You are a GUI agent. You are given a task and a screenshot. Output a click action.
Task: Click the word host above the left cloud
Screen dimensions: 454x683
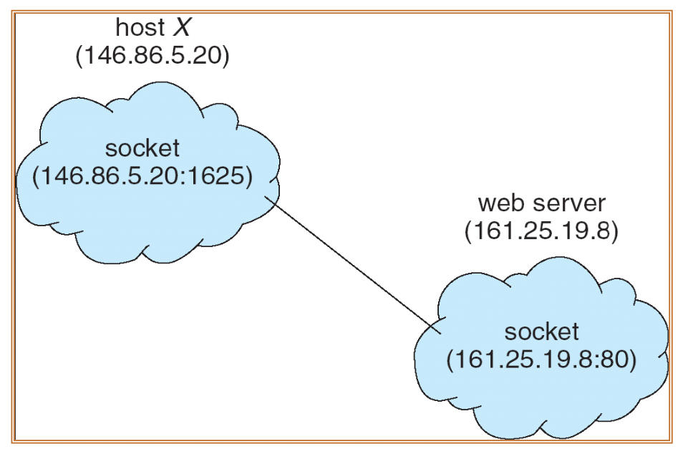pos(140,28)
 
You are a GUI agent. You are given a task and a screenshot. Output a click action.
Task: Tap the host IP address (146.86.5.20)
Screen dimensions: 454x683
pos(152,58)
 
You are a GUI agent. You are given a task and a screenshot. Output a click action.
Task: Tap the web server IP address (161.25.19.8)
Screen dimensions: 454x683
pos(541,232)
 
